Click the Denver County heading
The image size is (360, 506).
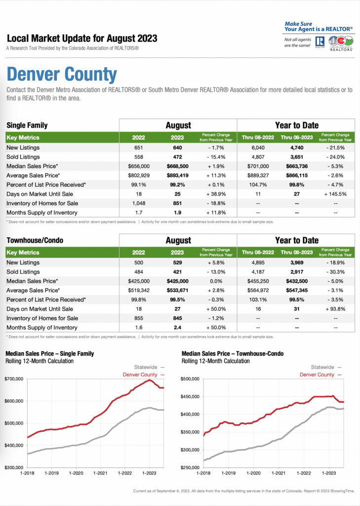[62, 74]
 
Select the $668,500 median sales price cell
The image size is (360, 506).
[177, 166]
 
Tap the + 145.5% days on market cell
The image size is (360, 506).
[335, 194]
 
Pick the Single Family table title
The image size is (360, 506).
[27, 125]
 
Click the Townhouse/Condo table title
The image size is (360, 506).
[35, 240]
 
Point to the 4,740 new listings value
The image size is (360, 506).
[297, 148]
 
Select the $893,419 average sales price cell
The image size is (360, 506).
[177, 175]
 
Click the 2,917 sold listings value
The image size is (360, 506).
[297, 272]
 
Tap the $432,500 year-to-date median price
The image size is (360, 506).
[297, 281]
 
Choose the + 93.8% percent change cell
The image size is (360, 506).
[335, 309]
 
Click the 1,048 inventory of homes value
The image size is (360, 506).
[139, 203]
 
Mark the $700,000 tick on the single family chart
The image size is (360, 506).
[14, 379]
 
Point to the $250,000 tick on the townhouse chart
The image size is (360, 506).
[190, 467]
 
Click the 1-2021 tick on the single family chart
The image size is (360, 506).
[100, 473]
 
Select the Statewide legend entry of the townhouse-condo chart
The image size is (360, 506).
[326, 367]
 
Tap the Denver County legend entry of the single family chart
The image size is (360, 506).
[144, 375]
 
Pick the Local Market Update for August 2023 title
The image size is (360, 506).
[82, 39]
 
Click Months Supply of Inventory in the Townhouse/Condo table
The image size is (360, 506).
[42, 328]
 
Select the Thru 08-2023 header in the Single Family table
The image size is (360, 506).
[297, 137]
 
